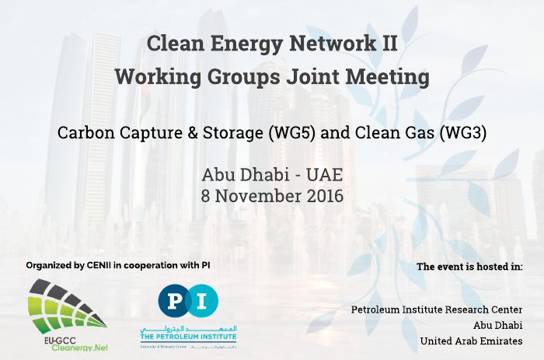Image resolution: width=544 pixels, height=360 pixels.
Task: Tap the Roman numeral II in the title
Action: point(387,44)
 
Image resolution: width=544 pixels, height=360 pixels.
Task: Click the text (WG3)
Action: point(463,132)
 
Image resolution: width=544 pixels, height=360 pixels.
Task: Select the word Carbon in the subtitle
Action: point(83,132)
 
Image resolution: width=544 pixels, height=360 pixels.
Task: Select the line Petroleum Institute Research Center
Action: point(437,309)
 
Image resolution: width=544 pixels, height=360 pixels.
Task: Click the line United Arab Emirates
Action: point(471,341)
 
